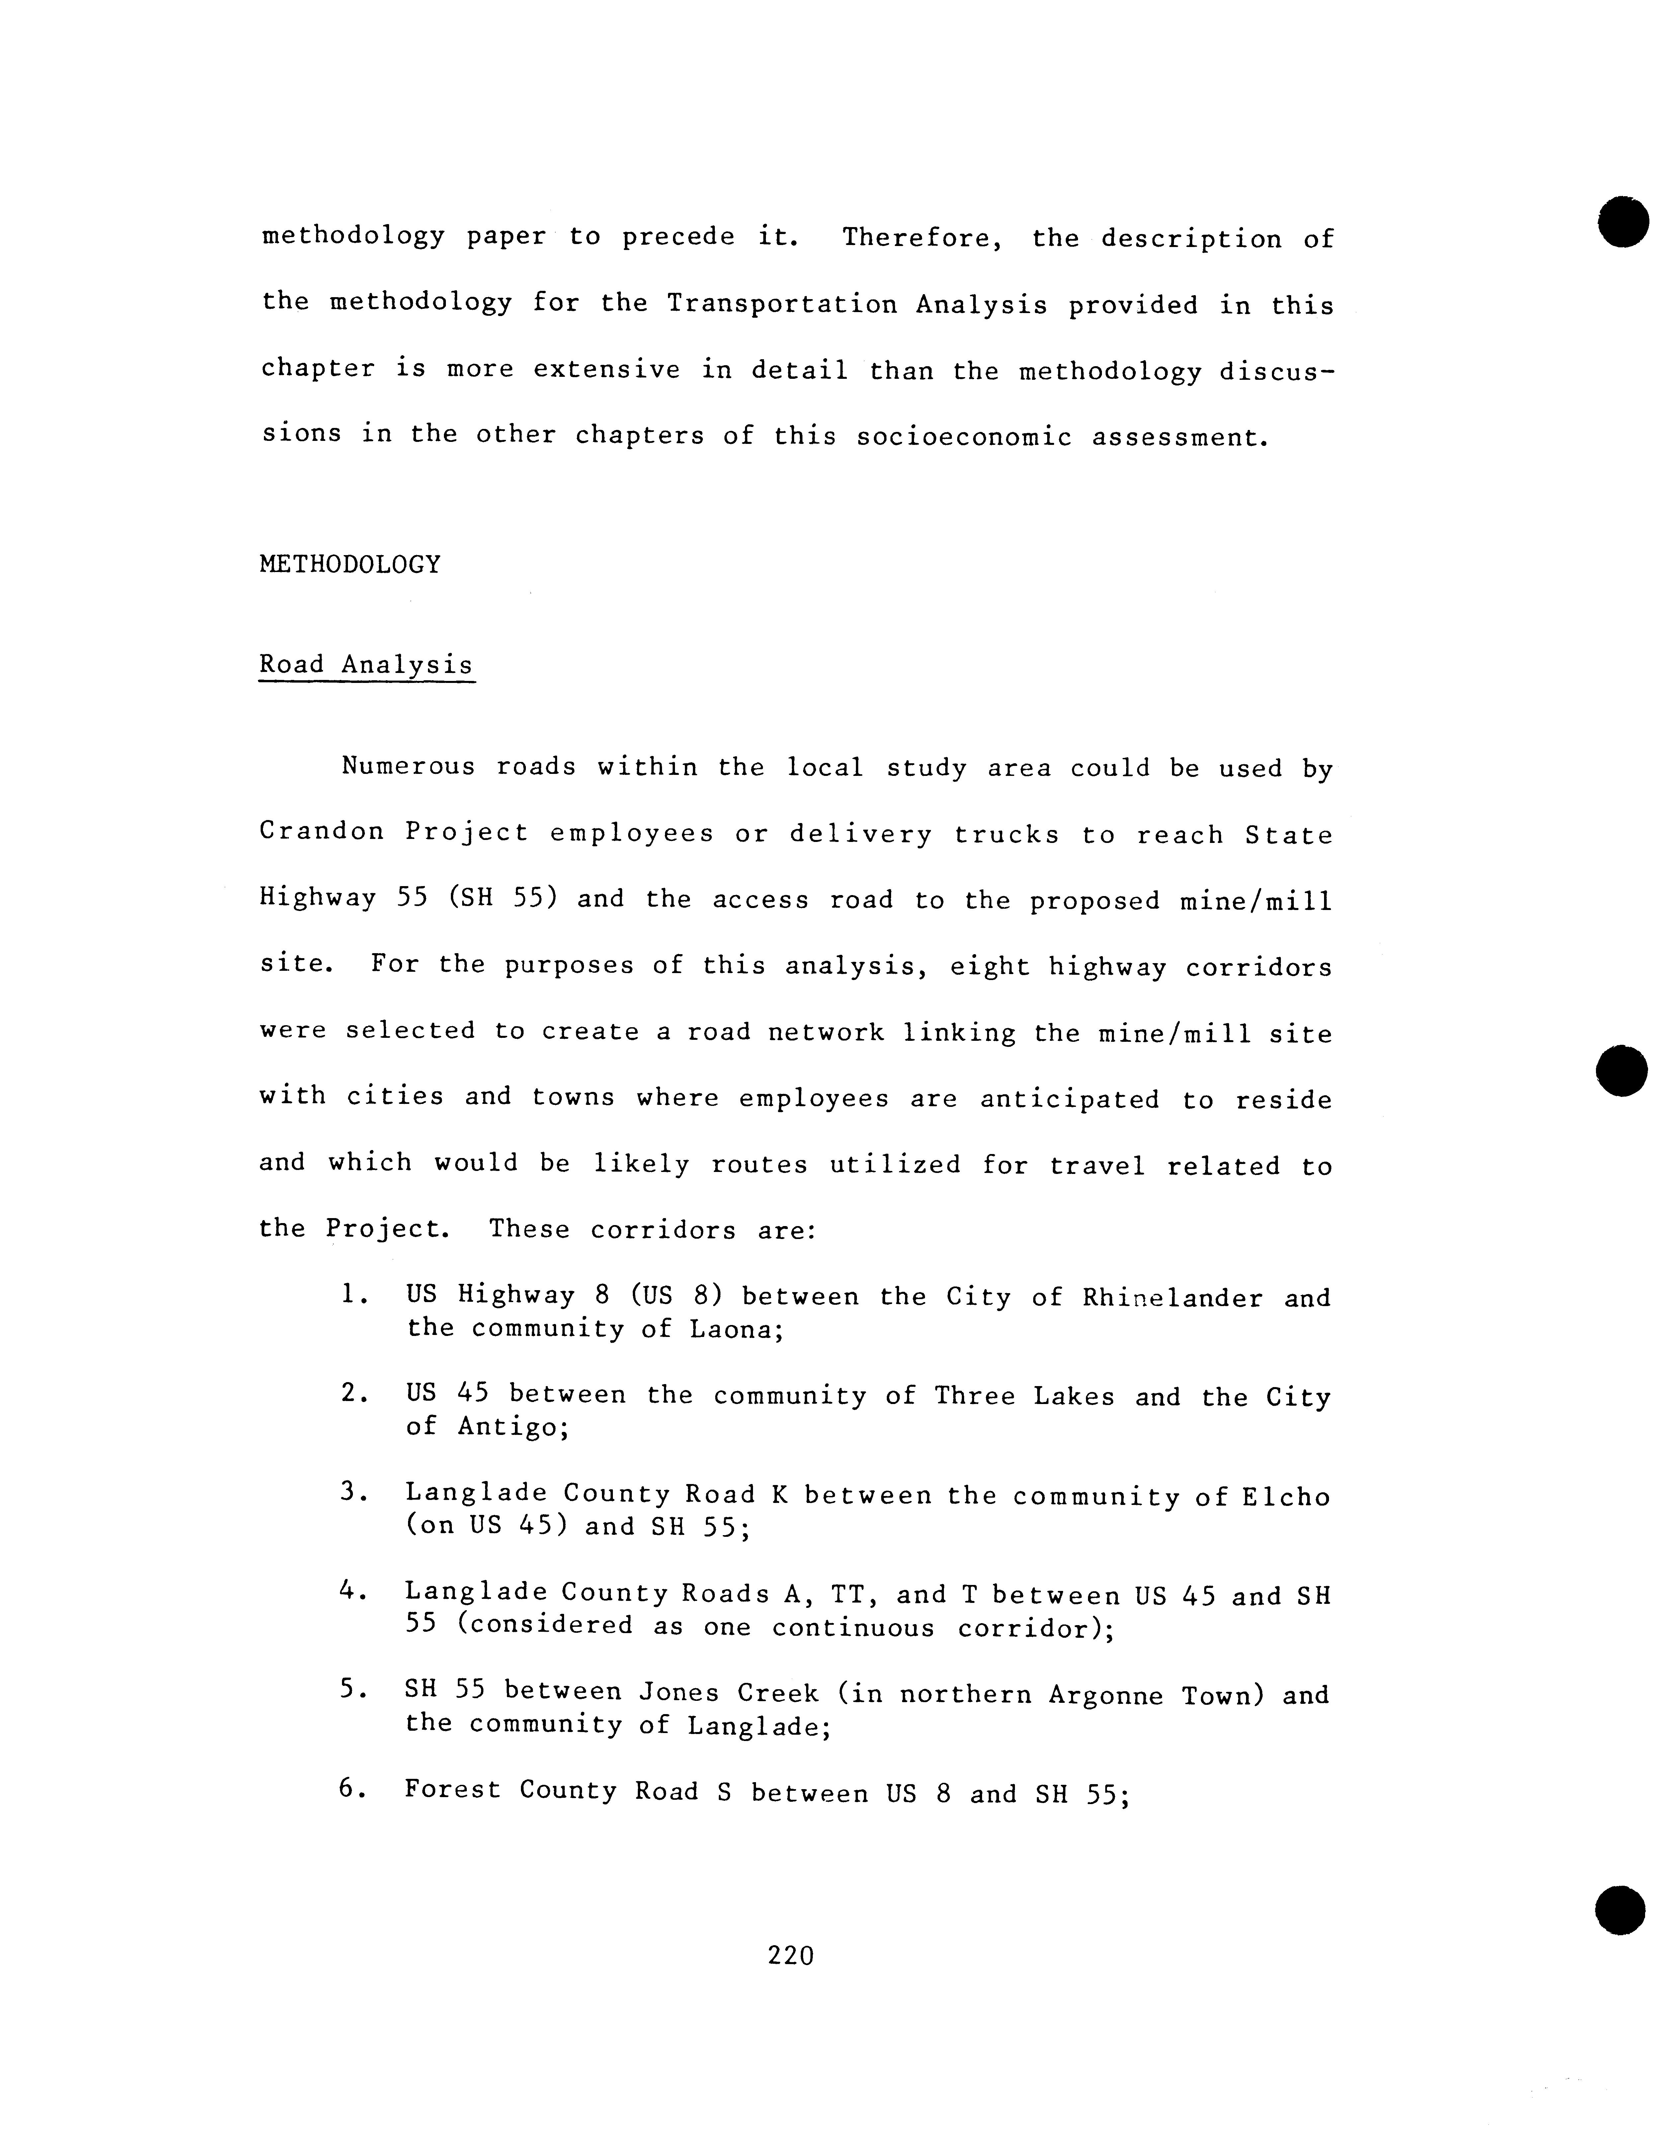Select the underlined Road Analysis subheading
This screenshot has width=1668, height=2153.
366,665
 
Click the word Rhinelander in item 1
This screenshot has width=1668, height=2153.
1172,1298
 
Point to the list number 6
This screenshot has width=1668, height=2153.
347,1789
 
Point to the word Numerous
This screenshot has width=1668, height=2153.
407,766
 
